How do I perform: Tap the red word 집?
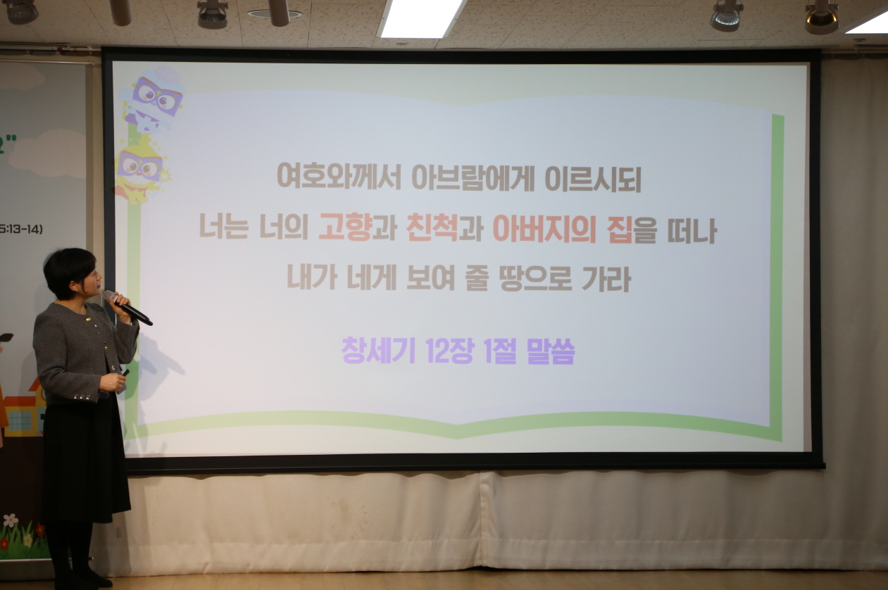pos(619,230)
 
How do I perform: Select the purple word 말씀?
pos(550,351)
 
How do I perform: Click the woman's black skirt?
pos(85,458)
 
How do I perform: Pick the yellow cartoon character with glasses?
pos(140,169)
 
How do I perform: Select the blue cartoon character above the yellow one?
pos(154,99)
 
